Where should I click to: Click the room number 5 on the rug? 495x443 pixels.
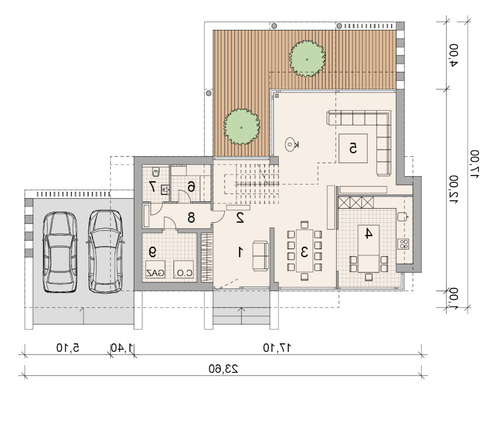353,148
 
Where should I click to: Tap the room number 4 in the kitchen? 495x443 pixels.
369,233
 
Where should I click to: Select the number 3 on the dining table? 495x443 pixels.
304,252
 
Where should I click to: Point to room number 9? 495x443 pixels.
153,252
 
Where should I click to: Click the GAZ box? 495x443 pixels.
155,269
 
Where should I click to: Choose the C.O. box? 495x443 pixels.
184,269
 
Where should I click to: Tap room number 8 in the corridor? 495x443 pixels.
191,218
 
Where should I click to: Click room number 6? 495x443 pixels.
191,187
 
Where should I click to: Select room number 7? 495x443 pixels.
152,187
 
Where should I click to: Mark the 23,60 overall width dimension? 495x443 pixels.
223,369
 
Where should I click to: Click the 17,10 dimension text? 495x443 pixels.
277,348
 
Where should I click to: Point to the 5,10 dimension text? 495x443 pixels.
68,348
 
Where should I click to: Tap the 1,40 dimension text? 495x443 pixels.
122,348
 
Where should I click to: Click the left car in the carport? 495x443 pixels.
60,252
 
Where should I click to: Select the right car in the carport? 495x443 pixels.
105,252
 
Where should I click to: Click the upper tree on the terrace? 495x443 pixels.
307,59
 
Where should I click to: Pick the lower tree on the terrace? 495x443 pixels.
242,127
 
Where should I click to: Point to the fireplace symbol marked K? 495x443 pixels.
291,145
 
